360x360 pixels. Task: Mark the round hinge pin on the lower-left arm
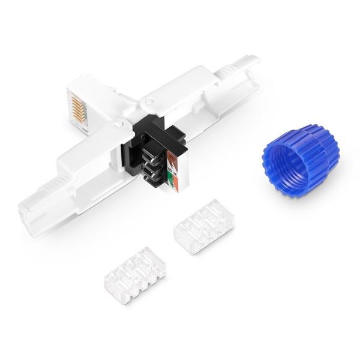click(119, 125)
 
